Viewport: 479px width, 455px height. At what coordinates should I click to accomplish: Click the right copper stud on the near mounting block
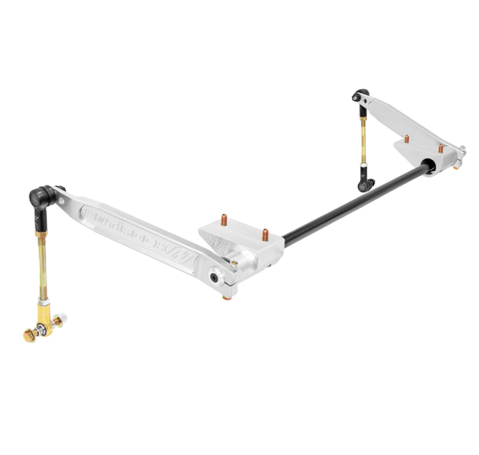(x=266, y=235)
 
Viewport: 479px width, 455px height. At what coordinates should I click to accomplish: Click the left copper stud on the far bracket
(x=414, y=140)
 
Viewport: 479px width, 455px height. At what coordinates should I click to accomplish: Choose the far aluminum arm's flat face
(x=404, y=116)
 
